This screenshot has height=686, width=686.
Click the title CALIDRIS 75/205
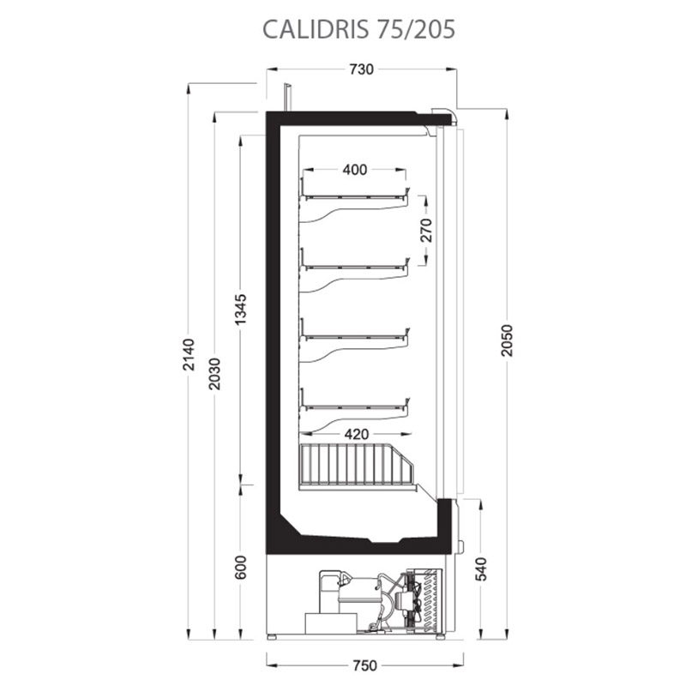358,29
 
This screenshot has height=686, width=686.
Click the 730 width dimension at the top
361,69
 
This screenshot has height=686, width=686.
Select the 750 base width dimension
364,665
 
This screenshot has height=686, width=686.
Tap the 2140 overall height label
189,354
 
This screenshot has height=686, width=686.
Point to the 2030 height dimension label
214,374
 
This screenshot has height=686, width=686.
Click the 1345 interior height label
241,310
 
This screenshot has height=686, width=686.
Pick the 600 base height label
241,568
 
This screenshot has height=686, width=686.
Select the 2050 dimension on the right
507,340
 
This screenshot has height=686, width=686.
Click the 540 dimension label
481,569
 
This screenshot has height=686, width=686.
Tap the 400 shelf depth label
355,169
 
